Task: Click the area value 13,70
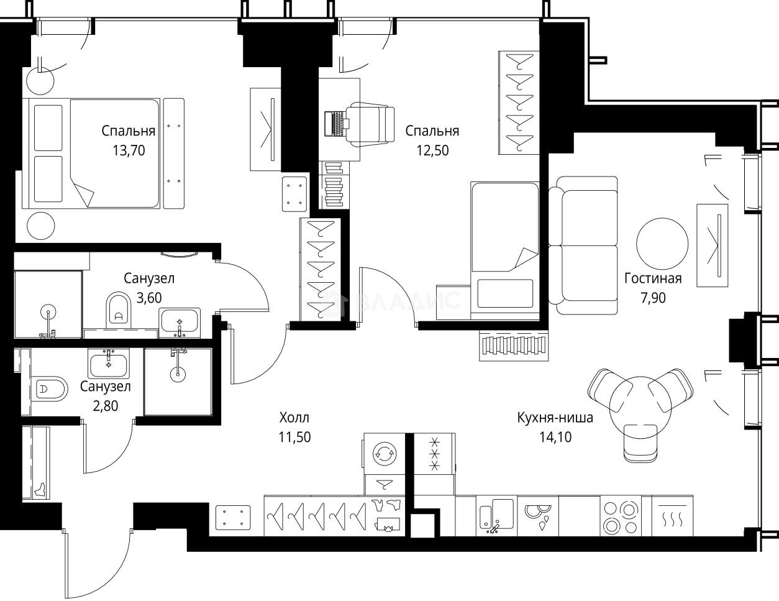pos(129,150)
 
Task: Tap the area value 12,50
pos(432,150)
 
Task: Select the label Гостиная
pos(653,278)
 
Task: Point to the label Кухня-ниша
pos(555,418)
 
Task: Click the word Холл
pos(294,418)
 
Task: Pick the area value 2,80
pos(106,406)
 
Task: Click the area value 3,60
pos(149,298)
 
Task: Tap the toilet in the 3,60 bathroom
pos(119,311)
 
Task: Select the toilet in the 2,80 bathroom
pos(50,389)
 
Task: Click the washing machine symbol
pos(385,454)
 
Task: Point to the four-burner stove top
pos(621,516)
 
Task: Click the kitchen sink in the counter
pos(496,516)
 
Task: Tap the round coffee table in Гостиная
pos(662,244)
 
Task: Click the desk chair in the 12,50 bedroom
pos(370,124)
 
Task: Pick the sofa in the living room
pos(583,245)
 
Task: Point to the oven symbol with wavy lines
pos(672,516)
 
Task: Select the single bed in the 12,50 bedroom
pos(505,250)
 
